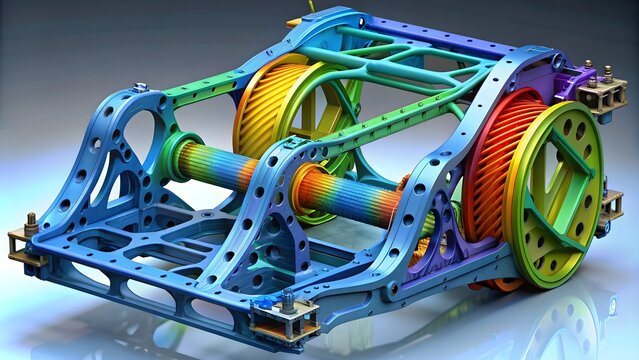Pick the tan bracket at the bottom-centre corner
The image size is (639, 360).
285,323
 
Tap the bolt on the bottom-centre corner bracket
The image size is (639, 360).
288,301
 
